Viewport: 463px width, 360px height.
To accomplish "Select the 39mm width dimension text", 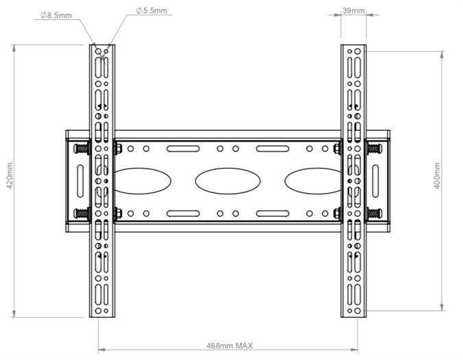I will pos(353,11).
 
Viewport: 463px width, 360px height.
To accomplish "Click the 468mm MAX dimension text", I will pos(229,346).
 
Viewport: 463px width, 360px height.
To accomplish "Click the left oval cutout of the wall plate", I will pos(140,181).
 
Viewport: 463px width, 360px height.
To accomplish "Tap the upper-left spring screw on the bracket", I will pos(82,148).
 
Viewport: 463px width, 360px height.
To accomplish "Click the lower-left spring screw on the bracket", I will pos(82,214).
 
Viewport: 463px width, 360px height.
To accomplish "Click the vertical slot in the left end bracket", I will pos(79,181).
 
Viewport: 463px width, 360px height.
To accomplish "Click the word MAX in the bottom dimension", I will pos(245,346).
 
